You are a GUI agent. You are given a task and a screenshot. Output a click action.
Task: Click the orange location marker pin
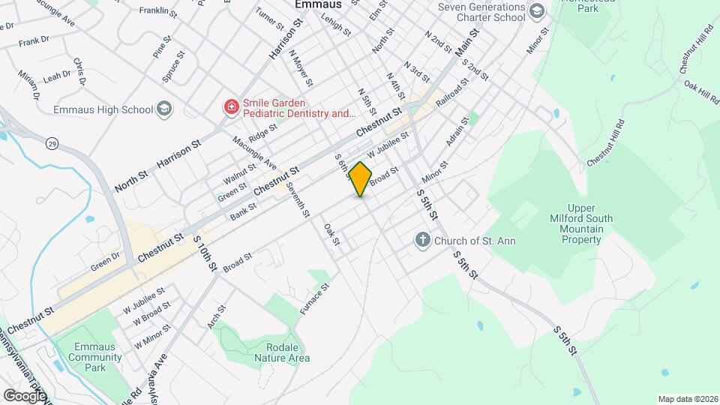361,178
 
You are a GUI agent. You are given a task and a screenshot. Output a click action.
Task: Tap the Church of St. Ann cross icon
422,241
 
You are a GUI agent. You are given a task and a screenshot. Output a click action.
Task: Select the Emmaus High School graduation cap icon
164,109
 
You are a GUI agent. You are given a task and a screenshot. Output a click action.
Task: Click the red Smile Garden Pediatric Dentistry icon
232,108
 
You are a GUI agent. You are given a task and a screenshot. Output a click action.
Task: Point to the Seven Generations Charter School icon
536,10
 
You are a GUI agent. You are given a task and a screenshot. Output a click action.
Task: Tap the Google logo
25,395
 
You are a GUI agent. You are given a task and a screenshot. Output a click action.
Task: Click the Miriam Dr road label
28,86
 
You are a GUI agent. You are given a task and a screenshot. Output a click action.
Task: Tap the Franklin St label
158,13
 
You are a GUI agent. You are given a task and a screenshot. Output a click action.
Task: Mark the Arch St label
217,316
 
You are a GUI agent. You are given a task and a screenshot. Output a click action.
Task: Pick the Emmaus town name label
317,4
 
